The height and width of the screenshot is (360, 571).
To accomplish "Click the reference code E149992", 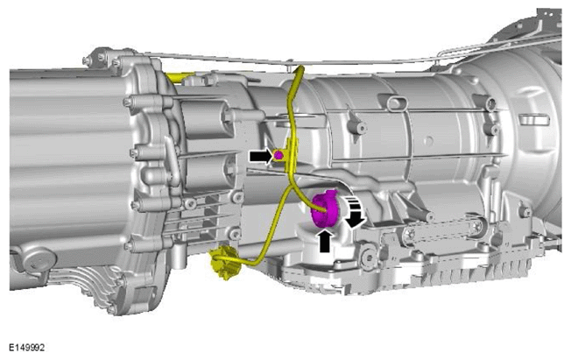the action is coord(26,348).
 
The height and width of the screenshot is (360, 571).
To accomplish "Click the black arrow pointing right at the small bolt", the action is coord(261,156).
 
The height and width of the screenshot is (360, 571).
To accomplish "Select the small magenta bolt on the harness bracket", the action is coord(278,155).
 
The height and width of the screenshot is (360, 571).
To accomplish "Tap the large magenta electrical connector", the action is coord(325,209).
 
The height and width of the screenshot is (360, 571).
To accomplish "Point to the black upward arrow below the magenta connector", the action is coord(324,239).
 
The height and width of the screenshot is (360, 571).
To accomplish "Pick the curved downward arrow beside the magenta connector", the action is coord(355,213).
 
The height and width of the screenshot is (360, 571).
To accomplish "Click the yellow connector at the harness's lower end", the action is coord(223,263).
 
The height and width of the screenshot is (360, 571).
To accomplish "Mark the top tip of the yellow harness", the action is coord(301,67).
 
